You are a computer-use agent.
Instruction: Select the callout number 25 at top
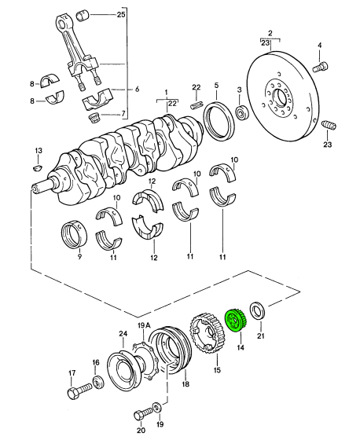[121, 14]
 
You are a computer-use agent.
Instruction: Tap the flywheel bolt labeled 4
[320, 67]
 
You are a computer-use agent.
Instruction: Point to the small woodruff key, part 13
[38, 167]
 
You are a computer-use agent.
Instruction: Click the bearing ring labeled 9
[74, 235]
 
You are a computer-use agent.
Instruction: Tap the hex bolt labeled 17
[80, 390]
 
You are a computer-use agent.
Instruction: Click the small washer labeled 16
[98, 382]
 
